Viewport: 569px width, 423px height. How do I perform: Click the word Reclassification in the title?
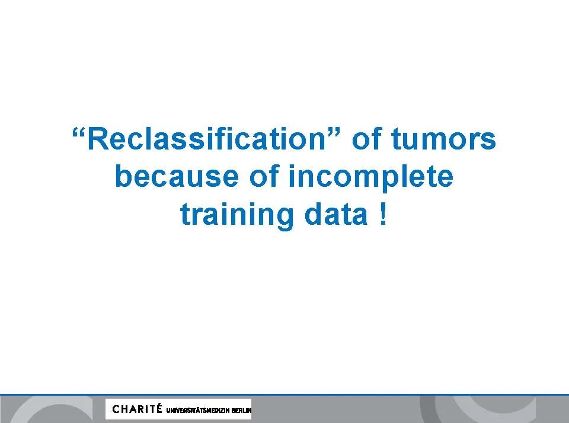[x=206, y=139]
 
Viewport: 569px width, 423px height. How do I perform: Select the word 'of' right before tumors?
[x=367, y=138]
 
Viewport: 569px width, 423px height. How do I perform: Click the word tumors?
[x=443, y=139]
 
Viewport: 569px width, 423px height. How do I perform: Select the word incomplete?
[x=371, y=179]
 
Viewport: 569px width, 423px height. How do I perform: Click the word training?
[x=236, y=216]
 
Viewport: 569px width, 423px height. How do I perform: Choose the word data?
[x=336, y=214]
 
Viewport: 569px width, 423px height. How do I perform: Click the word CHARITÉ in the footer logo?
[x=137, y=409]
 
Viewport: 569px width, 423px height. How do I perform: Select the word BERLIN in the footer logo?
[x=241, y=411]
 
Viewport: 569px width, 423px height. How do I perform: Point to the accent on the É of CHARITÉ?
[x=159, y=404]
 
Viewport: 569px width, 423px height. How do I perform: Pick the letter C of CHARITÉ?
[x=116, y=409]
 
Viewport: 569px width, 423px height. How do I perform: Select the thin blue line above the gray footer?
[x=284, y=395]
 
